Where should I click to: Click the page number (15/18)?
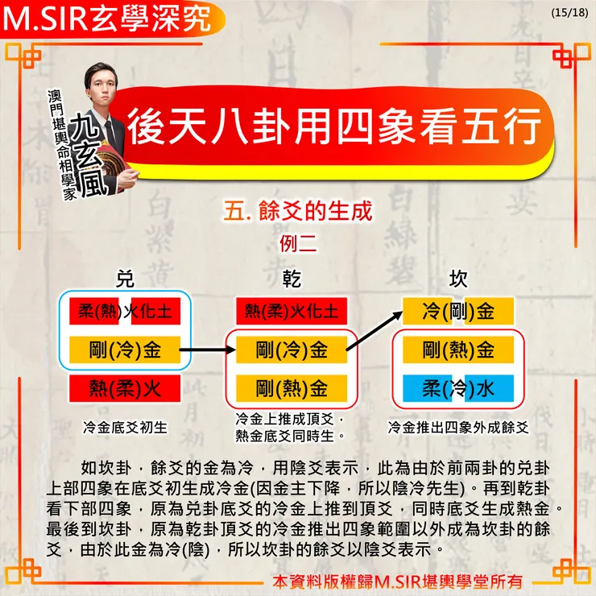(x=569, y=13)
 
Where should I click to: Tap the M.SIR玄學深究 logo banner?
(x=112, y=19)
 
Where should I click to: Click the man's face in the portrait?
(x=102, y=89)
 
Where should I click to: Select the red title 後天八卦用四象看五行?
(x=334, y=126)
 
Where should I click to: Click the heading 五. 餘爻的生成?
(x=298, y=211)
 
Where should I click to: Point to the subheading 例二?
(x=298, y=243)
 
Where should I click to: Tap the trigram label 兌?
(x=125, y=279)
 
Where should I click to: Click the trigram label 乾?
(x=292, y=279)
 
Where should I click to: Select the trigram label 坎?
(x=458, y=279)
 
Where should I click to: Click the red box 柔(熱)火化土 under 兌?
(x=125, y=312)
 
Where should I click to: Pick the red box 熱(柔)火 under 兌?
(x=125, y=388)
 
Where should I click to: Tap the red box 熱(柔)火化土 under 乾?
(x=292, y=312)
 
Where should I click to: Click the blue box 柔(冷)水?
(x=458, y=388)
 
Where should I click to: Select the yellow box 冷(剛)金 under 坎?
(x=458, y=312)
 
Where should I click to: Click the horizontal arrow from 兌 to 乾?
(x=208, y=350)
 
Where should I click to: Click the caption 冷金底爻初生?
(x=125, y=428)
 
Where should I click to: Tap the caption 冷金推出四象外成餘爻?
(x=458, y=428)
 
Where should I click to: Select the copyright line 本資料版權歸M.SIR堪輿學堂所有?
(x=397, y=582)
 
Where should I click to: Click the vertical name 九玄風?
(x=89, y=155)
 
